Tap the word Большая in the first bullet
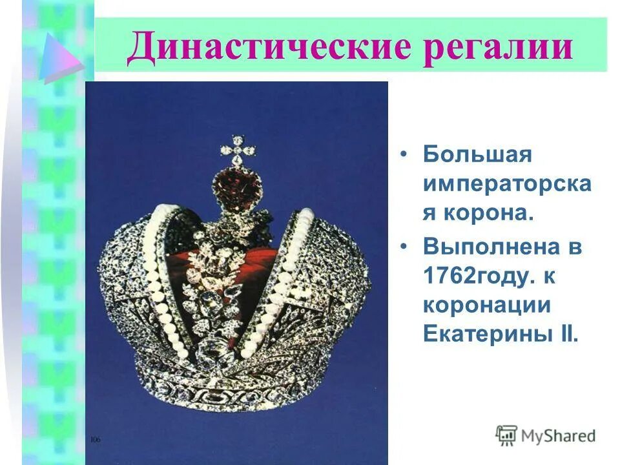pos(477,155)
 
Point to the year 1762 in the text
pos(448,276)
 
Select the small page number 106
pos(96,440)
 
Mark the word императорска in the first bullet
pos(506,185)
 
